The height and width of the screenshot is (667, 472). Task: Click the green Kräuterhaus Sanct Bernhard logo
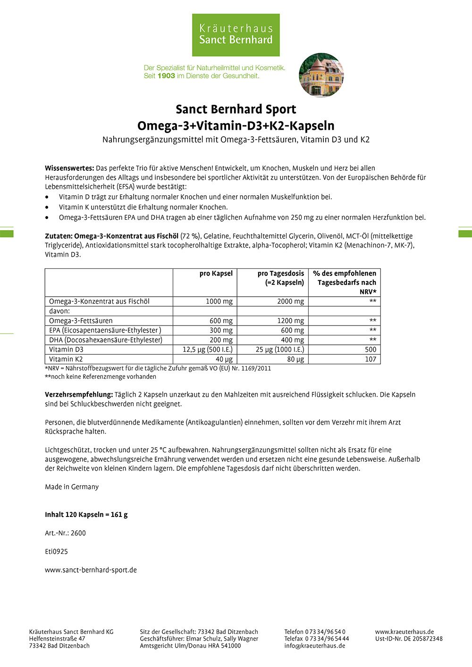click(x=236, y=35)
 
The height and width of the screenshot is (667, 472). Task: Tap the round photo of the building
click(x=321, y=75)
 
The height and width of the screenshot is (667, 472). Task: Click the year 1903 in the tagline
click(x=166, y=75)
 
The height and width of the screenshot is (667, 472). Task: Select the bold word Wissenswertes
click(x=69, y=168)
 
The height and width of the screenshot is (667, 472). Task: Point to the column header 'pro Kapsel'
click(x=216, y=274)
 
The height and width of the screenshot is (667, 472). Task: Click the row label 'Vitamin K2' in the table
click(x=66, y=359)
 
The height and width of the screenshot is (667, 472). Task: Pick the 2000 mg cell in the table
click(x=290, y=301)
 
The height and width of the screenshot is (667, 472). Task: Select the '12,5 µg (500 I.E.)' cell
click(x=208, y=350)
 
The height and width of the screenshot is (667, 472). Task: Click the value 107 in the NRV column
click(x=371, y=359)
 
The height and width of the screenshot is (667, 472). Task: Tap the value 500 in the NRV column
click(x=371, y=350)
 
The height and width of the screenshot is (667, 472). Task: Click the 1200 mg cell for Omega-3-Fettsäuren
click(x=290, y=321)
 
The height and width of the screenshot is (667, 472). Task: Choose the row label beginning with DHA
click(x=106, y=340)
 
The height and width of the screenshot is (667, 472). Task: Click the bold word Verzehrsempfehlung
click(x=79, y=394)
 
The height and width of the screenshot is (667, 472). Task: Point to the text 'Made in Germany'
click(x=72, y=487)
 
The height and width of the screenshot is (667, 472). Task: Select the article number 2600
click(x=78, y=533)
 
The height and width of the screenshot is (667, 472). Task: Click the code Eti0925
click(x=56, y=551)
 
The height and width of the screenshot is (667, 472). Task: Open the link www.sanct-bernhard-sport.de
click(x=91, y=570)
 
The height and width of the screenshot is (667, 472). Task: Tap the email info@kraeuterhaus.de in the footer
click(x=314, y=646)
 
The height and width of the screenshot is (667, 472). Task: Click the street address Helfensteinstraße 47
click(x=57, y=639)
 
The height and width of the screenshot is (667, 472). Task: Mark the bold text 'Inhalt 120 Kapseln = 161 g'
click(x=86, y=515)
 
